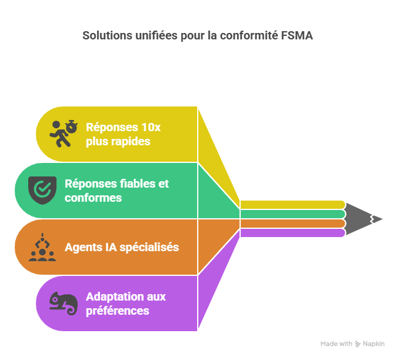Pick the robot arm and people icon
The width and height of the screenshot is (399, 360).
tap(43, 247)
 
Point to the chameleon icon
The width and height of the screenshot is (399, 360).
tap(63, 304)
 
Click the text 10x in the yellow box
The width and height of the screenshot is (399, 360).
tap(150, 127)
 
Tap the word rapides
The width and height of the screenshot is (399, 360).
tap(131, 141)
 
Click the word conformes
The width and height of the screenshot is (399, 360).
tap(93, 198)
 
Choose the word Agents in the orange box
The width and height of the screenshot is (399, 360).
tap(83, 247)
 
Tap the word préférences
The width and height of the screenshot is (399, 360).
tap(117, 311)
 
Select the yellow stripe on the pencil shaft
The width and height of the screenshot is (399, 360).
tap(292, 204)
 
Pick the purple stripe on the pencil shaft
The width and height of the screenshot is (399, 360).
tap(292, 233)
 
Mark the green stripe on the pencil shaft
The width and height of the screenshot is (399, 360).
tap(292, 214)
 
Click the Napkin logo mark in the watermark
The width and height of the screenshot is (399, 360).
tap(358, 344)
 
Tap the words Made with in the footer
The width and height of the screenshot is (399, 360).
tap(336, 344)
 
